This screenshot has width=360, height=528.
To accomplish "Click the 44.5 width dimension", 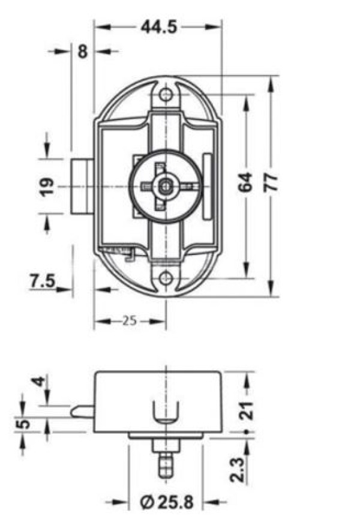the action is (x=159, y=27).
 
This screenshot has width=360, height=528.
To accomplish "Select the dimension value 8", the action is (x=83, y=52).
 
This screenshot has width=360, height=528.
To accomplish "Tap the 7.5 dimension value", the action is (x=43, y=281).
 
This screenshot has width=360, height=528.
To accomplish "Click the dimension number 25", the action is (x=130, y=320).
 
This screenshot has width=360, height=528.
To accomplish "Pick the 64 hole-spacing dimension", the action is (x=245, y=182).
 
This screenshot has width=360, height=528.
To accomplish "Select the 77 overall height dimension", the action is (x=271, y=182).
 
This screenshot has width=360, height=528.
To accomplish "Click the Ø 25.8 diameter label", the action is (x=167, y=502).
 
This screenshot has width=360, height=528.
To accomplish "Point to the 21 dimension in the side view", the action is (x=246, y=410).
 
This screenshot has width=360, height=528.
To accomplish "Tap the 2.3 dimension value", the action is (x=238, y=469).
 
